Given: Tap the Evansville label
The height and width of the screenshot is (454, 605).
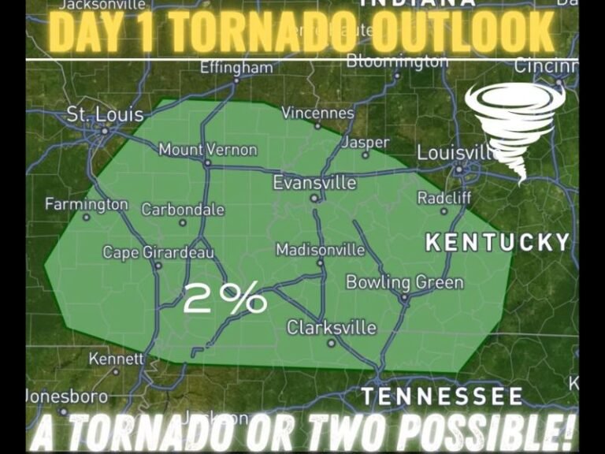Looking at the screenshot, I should click(314, 183).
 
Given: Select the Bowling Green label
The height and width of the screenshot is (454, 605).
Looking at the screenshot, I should click(404, 282).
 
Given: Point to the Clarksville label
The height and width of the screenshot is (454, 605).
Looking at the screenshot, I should click(331, 327).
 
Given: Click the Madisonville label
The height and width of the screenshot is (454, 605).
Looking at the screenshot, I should click(320, 250).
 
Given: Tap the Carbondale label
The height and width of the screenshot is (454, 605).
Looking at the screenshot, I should click(183, 210).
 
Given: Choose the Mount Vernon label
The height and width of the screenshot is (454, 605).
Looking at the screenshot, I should click(207, 149).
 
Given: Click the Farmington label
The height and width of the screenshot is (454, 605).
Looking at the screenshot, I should click(86, 204).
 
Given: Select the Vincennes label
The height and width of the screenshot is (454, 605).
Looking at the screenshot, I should click(317, 113).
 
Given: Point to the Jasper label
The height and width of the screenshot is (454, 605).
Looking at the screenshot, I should click(365, 143).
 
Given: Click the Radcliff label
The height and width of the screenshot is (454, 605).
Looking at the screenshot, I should click(444, 198).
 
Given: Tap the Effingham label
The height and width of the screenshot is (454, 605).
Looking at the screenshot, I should click(236, 68).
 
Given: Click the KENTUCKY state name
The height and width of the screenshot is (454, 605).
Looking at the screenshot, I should click(497, 243).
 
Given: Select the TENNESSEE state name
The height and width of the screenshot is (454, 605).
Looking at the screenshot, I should click(441, 396).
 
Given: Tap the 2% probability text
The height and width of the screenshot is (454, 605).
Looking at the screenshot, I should click(225, 299).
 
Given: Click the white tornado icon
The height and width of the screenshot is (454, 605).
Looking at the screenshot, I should click(515, 126).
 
